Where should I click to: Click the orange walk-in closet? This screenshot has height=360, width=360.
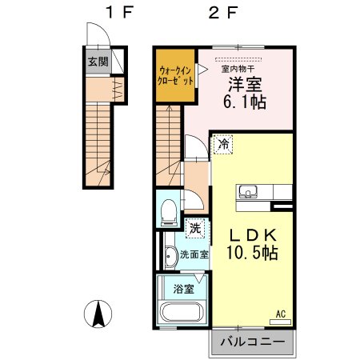(175, 77)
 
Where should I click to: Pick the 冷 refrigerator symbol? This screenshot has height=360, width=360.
(225, 145)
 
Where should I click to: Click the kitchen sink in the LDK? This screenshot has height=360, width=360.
(247, 192)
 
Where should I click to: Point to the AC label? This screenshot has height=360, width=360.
(282, 313)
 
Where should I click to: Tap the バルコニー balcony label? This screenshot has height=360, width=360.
(251, 342)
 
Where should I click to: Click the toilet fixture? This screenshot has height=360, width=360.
(168, 211)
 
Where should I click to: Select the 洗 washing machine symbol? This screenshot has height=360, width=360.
(194, 228)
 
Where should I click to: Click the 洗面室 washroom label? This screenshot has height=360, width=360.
(194, 254)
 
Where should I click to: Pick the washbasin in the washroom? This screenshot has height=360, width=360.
(170, 256)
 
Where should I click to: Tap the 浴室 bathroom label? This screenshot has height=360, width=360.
(183, 289)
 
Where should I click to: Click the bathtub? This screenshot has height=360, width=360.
(183, 313)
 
